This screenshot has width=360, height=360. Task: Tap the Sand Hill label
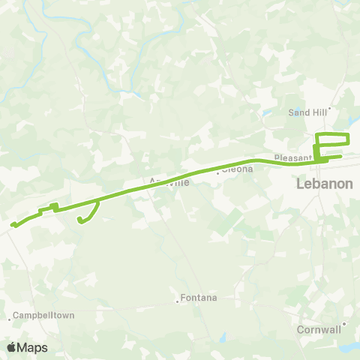(x=304, y=112)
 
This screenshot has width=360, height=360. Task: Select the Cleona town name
(x=238, y=169)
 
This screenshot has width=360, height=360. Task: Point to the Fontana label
(x=199, y=298)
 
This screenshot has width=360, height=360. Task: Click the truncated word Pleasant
(x=291, y=158)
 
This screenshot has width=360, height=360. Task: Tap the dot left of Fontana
(x=178, y=301)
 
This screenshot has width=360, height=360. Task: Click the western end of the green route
(x=11, y=223)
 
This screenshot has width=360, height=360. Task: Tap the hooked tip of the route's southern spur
(x=79, y=219)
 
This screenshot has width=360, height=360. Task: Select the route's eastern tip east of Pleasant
(x=341, y=156)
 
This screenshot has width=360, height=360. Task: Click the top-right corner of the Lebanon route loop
(x=349, y=134)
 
